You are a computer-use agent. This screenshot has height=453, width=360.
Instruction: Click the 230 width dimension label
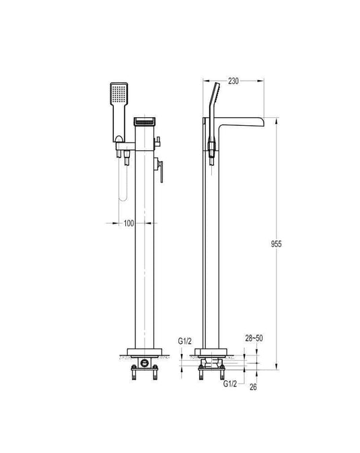[x=233, y=81]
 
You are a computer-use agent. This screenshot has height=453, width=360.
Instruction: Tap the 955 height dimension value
[x=276, y=244]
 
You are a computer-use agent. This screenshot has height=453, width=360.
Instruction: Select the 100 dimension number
[x=129, y=223]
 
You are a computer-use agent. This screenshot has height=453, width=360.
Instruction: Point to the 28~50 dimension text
[x=254, y=339]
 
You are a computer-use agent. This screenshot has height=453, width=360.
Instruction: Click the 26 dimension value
[x=253, y=387]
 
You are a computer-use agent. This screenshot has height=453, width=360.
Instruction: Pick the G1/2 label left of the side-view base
[x=184, y=341]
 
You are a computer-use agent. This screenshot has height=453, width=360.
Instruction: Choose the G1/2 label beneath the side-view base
[x=230, y=384]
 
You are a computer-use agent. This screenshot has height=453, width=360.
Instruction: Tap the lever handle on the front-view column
[x=159, y=170]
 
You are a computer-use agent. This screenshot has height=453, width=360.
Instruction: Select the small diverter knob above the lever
[x=157, y=142]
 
